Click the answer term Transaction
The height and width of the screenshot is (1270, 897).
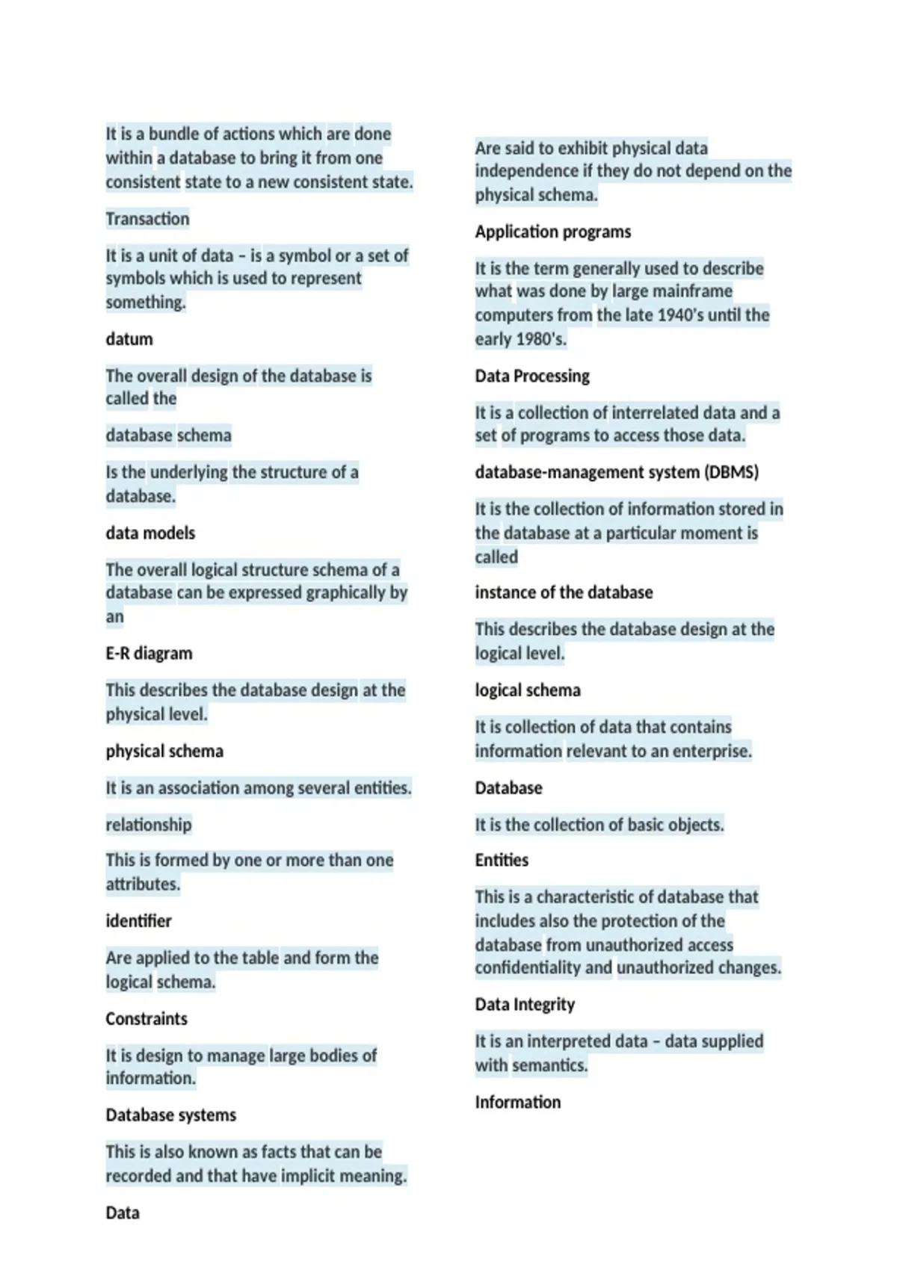click(x=147, y=219)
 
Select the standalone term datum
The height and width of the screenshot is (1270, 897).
click(x=129, y=339)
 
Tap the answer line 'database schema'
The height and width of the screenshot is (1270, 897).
click(x=168, y=436)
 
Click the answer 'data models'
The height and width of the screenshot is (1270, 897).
click(x=150, y=533)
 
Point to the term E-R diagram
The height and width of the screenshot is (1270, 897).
click(x=149, y=654)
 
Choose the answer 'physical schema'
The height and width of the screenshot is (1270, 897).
click(x=164, y=752)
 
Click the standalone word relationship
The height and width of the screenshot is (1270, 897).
click(x=148, y=825)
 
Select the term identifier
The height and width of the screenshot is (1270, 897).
click(x=138, y=921)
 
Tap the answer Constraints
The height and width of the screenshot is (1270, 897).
click(x=147, y=1019)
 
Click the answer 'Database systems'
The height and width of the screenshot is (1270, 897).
click(x=170, y=1115)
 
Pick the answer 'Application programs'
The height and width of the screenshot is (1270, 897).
click(x=552, y=232)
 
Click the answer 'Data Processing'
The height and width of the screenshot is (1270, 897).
click(x=532, y=377)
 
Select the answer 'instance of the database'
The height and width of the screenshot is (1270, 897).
click(x=564, y=593)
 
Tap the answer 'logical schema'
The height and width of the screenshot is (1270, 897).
click(x=528, y=690)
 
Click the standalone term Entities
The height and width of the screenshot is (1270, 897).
click(x=502, y=861)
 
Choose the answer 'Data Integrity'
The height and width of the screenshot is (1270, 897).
click(x=525, y=1005)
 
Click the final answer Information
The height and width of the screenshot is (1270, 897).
click(x=517, y=1103)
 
